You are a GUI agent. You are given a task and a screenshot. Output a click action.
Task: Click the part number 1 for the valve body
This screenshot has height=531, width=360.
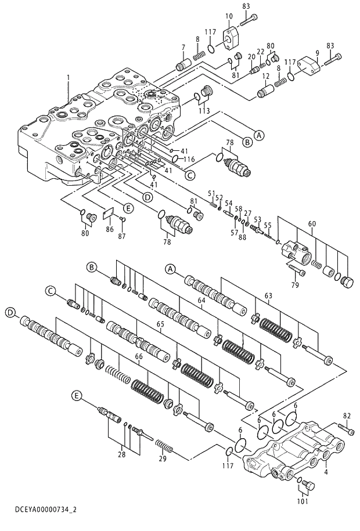click(x=68, y=77)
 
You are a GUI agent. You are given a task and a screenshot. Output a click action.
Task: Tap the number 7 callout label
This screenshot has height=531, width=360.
click(x=183, y=47)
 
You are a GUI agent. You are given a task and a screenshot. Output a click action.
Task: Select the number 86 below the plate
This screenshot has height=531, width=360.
click(x=110, y=230)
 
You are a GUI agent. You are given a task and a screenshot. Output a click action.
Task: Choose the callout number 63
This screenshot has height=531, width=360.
click(x=268, y=297)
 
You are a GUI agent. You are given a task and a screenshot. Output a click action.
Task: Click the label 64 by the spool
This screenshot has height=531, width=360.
click(x=201, y=300)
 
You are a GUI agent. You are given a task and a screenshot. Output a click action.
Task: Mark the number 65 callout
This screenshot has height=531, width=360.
click(x=160, y=323)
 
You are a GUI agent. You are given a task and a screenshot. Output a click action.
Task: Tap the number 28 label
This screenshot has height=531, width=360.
click(x=121, y=455)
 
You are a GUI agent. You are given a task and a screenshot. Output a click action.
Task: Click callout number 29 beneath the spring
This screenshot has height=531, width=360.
click(x=163, y=458)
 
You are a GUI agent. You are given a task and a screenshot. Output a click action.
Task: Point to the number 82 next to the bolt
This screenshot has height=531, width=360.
click(x=347, y=416)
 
